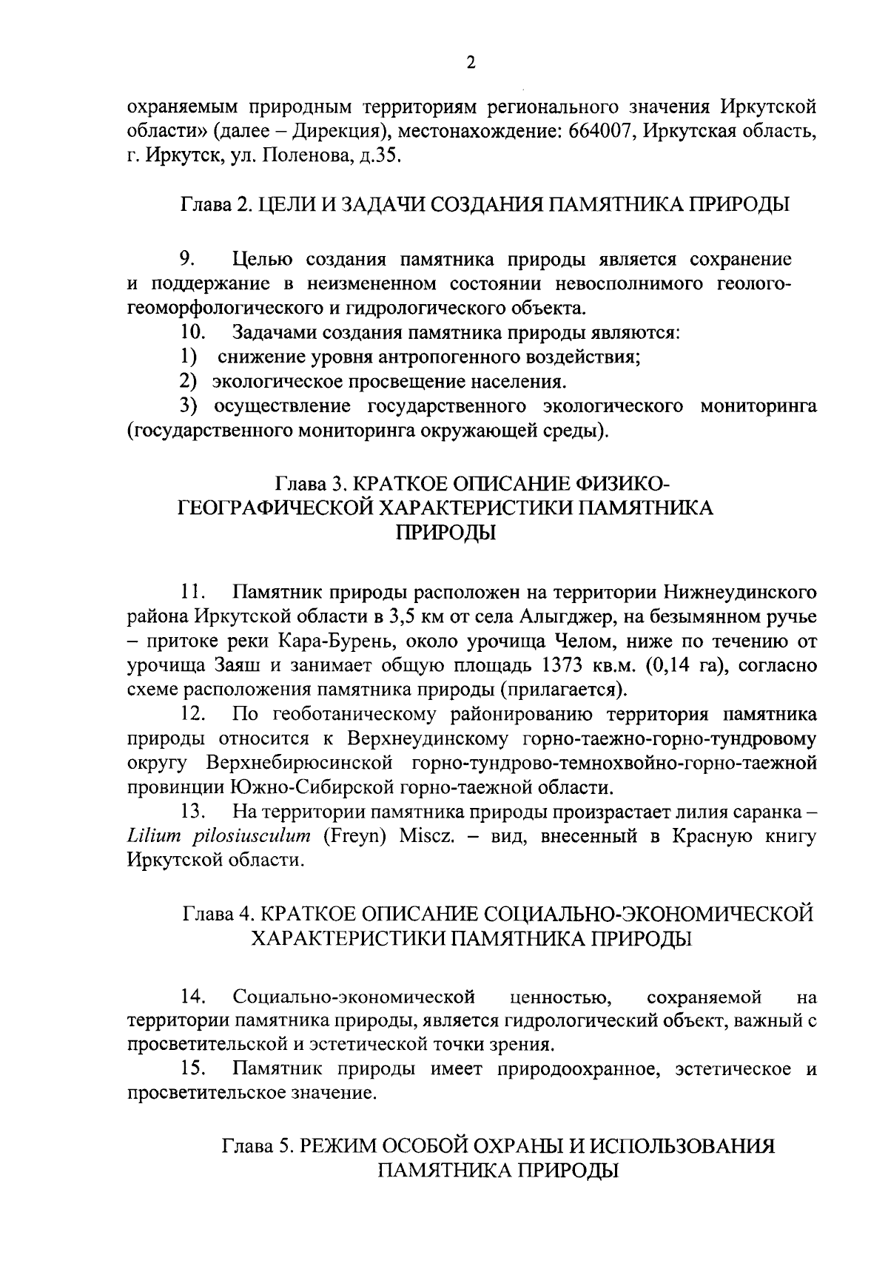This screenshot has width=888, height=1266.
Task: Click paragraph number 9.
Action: (x=187, y=260)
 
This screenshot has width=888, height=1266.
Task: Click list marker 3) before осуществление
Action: (x=187, y=406)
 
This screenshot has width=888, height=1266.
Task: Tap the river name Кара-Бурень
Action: (x=375, y=641)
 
